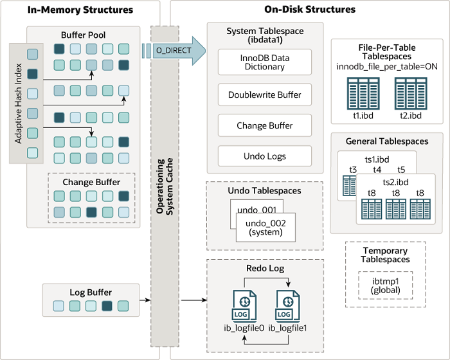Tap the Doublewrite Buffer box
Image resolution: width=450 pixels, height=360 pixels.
pos(265,95)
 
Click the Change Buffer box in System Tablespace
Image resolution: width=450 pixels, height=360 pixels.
pos(265,125)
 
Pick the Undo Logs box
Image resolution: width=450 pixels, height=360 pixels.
pos(265,156)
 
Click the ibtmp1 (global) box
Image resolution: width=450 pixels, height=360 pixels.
pos(384,285)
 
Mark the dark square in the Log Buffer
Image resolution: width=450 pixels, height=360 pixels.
pos(107,306)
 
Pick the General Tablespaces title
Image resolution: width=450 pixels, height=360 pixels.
pos(386,141)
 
